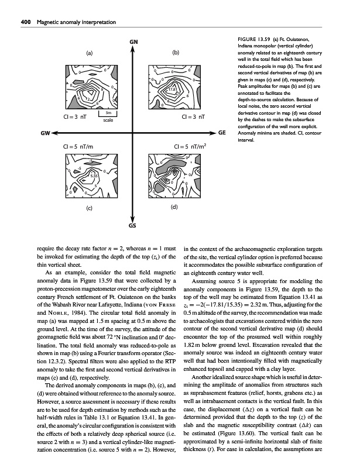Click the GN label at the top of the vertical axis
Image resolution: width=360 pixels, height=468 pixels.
(x=133, y=41)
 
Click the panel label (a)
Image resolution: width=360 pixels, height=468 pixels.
(x=90, y=53)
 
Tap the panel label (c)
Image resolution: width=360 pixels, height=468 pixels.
(x=90, y=208)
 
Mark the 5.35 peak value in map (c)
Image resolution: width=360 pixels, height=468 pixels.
(x=94, y=174)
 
